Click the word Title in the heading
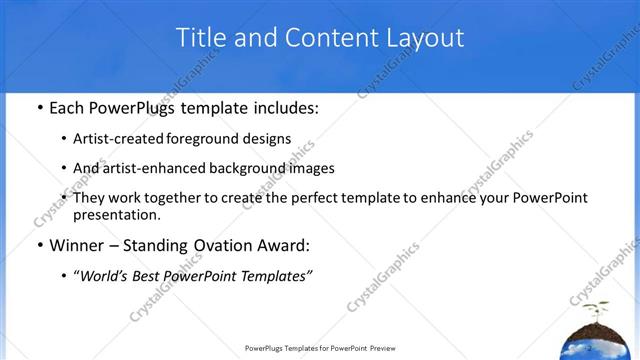click(201, 38)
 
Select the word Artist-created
click(121, 138)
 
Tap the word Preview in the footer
click(378, 349)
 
